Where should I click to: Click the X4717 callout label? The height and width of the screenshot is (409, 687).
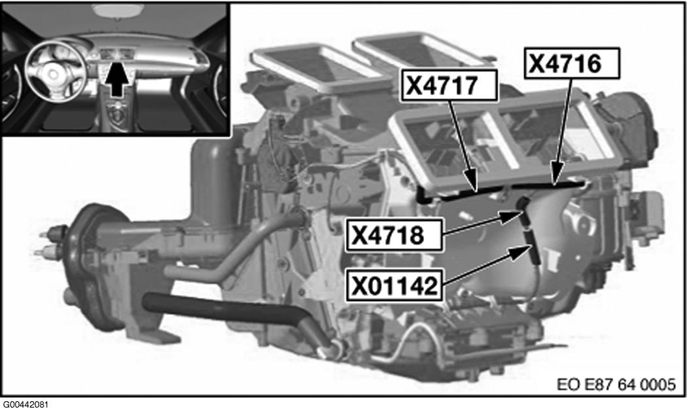(x=449, y=85)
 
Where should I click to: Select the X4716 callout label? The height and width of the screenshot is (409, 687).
(x=572, y=63)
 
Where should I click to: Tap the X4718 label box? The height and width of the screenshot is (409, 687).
(x=394, y=236)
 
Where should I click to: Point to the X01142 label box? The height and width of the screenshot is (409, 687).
(x=394, y=285)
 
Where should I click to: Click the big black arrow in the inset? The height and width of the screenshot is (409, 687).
(x=117, y=79)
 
